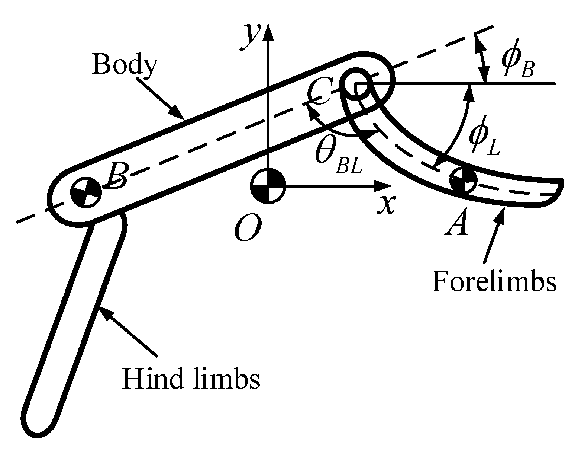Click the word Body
click(x=125, y=64)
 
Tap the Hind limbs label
click(x=191, y=379)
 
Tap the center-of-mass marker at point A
click(x=463, y=181)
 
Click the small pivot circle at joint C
click(x=356, y=84)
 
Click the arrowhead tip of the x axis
click(x=391, y=185)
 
